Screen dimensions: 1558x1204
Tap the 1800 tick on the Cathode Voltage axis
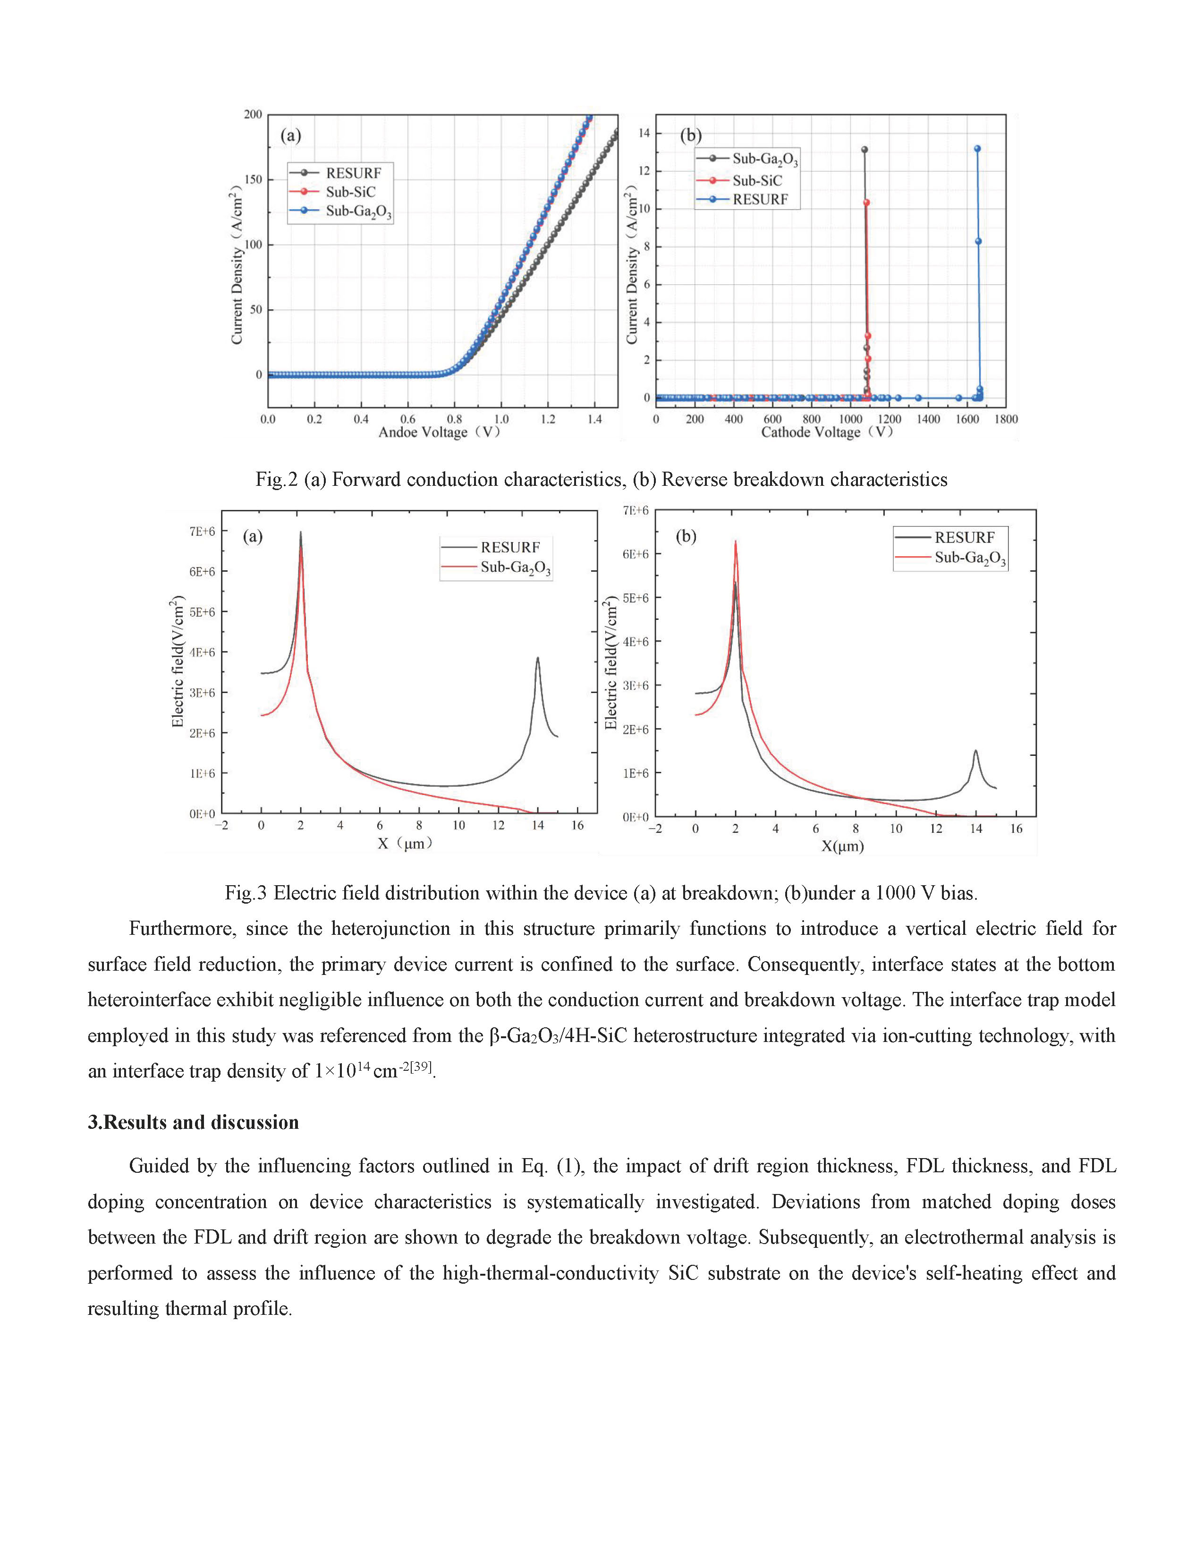click(1006, 419)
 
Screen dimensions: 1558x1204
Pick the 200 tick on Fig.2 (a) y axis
click(253, 114)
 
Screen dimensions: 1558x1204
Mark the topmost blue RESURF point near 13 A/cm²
click(977, 148)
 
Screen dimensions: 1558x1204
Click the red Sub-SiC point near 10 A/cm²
click(866, 203)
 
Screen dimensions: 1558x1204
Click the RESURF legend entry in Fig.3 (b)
click(964, 537)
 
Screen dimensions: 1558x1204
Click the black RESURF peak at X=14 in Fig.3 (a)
click(538, 659)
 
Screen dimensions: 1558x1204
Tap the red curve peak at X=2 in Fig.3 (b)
click(735, 542)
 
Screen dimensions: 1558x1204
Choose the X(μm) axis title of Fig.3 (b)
click(842, 847)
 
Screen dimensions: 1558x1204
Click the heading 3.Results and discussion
click(193, 1122)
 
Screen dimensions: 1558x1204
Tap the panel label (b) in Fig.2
click(690, 135)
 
